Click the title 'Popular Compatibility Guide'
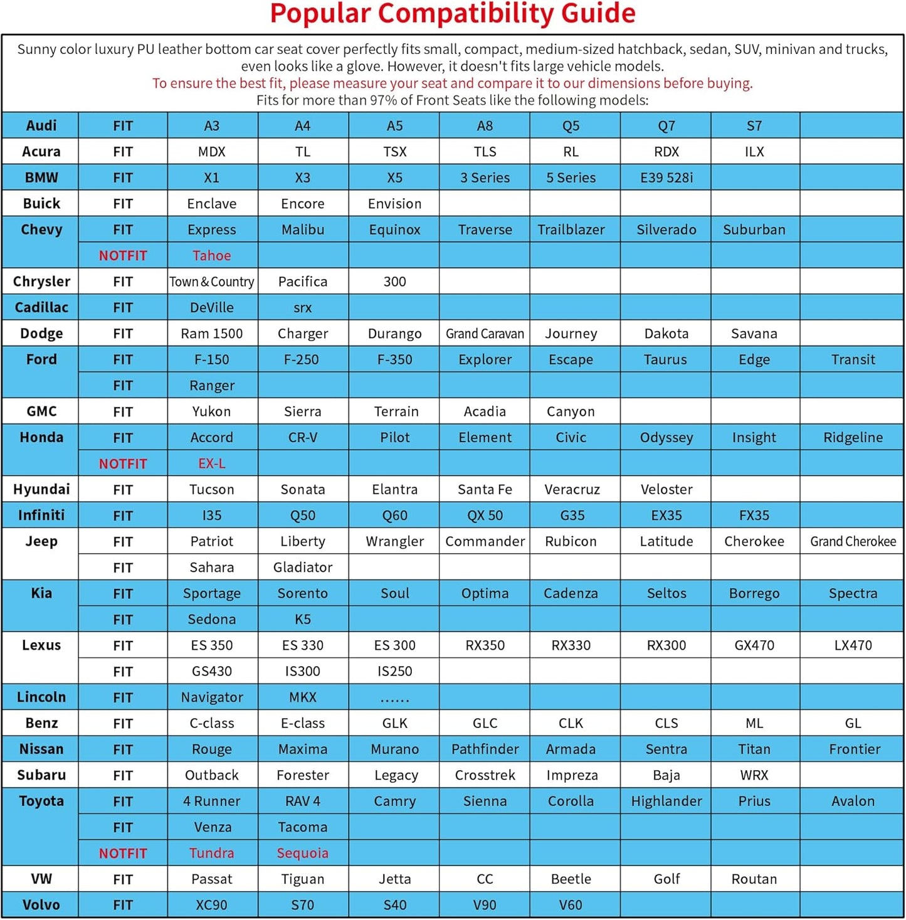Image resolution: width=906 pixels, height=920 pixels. pos(452,14)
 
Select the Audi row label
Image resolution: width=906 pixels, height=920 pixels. pos(41,125)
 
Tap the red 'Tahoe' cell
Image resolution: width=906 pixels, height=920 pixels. pos(212,255)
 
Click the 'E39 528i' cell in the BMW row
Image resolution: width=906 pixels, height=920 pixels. pos(666,177)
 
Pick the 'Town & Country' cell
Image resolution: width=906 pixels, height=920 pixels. pos(212,282)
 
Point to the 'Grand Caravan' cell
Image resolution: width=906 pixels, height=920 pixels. pos(485,334)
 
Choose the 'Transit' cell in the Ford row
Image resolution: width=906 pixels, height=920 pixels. pos(853,359)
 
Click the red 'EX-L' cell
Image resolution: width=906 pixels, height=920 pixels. pos(212,463)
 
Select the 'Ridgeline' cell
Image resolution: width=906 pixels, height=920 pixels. pos(853,437)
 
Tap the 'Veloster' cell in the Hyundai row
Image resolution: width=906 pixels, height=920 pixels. pos(666,489)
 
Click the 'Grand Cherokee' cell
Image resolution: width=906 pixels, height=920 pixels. pos(853,541)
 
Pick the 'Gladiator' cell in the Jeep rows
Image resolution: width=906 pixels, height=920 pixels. pos(302,567)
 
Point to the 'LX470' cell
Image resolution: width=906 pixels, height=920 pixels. pos(853,645)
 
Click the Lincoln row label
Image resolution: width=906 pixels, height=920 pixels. pos(41,697)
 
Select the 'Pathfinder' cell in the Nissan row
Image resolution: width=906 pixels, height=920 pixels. pos(485,749)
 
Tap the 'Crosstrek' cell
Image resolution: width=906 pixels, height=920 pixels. pos(485,775)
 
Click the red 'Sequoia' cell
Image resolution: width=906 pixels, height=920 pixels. pos(302,853)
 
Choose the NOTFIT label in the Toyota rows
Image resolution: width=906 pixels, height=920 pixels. pos(123,853)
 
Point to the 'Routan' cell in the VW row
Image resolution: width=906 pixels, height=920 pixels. pos(754,879)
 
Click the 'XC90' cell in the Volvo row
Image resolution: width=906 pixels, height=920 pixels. pos(212,905)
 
